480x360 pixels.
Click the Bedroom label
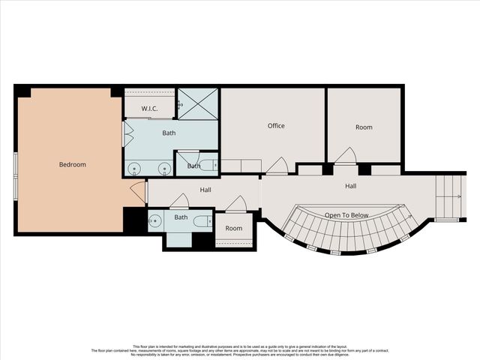[73, 165]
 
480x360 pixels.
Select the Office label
[276, 126]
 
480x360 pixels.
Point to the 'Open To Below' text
[346, 215]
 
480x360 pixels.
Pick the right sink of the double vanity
[163, 168]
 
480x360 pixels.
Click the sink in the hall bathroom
[154, 220]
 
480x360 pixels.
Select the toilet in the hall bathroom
[202, 221]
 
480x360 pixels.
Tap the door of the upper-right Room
[345, 156]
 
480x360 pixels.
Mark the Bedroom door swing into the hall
[139, 192]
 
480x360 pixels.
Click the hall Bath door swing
[179, 201]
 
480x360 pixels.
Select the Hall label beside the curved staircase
[350, 186]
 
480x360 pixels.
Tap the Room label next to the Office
[364, 127]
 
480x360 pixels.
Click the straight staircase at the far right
[450, 197]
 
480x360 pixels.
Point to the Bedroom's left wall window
[16, 175]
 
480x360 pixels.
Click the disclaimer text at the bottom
[240, 350]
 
